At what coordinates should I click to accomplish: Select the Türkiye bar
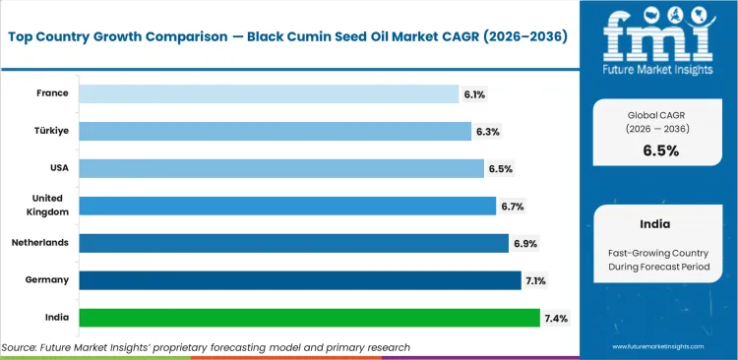pos(275,131)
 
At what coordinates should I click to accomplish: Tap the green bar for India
pos(309,318)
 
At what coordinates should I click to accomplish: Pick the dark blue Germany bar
pos(299,280)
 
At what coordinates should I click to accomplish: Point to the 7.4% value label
pos(555,318)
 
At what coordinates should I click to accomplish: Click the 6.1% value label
pos(474,94)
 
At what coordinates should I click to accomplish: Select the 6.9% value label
pos(524,244)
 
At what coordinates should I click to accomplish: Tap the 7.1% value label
pos(536,280)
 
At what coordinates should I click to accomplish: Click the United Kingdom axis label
pos(47,205)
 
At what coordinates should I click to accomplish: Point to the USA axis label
pos(57,168)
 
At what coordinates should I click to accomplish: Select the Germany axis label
pos(47,280)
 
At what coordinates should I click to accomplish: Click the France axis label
pos(52,93)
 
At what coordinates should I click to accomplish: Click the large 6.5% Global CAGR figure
pos(660,150)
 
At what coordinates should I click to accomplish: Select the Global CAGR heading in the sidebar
pos(660,116)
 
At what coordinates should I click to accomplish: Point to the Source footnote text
pos(206,347)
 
